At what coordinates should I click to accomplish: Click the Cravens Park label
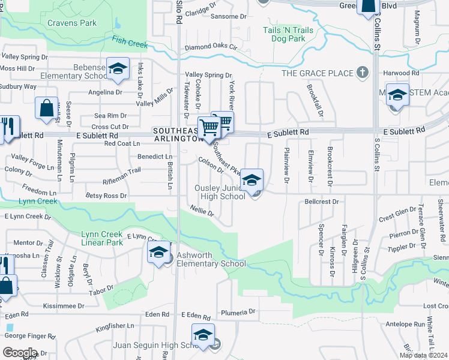[71, 23]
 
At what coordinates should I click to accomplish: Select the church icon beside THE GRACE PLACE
[362, 73]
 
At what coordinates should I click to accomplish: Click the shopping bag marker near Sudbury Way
[47, 108]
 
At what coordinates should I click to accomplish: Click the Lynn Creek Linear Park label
[101, 238]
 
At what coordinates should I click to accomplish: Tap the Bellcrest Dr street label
[322, 202]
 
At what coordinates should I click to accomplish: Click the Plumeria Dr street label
[238, 312]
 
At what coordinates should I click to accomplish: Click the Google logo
[19, 352]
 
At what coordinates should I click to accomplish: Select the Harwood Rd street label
[402, 73]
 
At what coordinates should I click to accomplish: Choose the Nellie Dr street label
[202, 212]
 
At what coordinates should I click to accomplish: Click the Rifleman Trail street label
[122, 170]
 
